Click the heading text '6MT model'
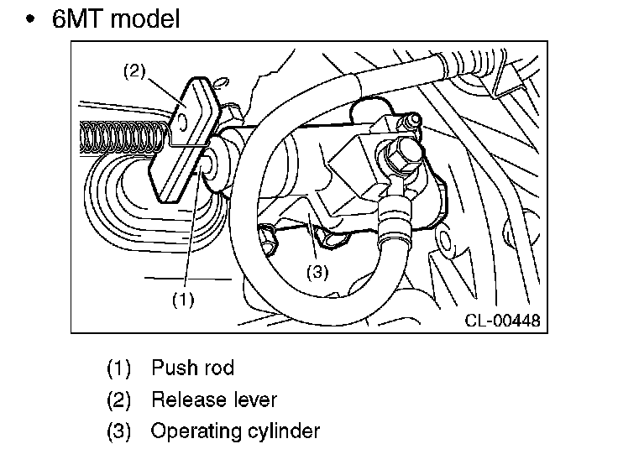coord(116,18)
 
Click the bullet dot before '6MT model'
coord(31,19)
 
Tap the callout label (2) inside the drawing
coord(135,71)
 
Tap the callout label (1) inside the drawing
coord(183,298)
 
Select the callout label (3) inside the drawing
coord(317,272)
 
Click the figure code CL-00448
coord(502,320)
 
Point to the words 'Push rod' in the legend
coord(192,368)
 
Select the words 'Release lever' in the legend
coord(213,399)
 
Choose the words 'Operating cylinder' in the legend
coord(235,431)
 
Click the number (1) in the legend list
coord(119,368)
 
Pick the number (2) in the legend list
coord(119,399)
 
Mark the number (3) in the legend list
coord(119,431)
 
